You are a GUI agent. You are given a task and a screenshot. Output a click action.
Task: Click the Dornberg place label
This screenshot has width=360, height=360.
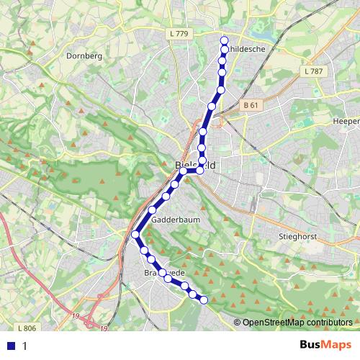pos(80,55)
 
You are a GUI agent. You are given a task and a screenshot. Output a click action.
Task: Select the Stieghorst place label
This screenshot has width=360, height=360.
pos(297,235)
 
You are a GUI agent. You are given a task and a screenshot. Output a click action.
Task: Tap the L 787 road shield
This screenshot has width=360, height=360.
pos(314,71)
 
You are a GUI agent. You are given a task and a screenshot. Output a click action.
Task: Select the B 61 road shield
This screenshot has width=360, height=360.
pos(251,105)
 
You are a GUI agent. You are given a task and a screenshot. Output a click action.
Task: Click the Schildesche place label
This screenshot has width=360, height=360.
pos(245,49)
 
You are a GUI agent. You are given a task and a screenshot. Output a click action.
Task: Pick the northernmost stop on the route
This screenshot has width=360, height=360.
pos(224,40)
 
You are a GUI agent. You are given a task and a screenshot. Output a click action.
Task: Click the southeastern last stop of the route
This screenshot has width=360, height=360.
pos(204,300)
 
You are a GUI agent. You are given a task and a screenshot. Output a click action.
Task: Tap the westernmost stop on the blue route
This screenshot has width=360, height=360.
pos(135,234)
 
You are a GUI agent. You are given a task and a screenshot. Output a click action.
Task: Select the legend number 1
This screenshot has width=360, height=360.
pos(25,346)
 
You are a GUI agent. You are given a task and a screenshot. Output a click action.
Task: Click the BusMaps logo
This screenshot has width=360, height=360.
pos(325,345)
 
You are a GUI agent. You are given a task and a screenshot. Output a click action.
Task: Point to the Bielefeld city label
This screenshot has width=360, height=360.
pos(195,165)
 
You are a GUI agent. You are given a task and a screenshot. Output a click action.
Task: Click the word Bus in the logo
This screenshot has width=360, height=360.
pos(311,345)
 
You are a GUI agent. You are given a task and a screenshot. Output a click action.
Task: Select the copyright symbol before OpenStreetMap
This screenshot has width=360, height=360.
pos(237,323)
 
